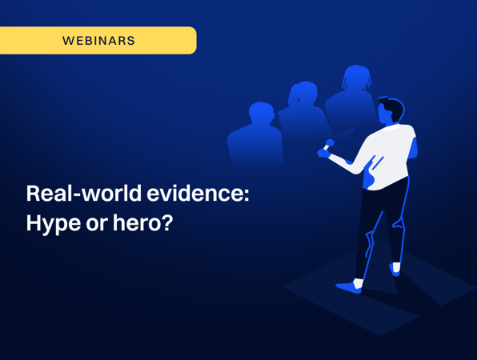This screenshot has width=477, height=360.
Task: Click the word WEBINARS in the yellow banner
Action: (98, 41)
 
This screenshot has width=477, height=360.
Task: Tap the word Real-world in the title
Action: (84, 194)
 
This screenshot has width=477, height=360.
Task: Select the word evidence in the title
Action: (195, 194)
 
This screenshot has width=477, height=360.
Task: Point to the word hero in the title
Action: (136, 223)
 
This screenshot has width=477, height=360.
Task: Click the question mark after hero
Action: (167, 223)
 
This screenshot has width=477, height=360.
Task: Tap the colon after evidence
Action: (247, 195)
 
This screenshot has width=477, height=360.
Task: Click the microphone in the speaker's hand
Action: (328, 145)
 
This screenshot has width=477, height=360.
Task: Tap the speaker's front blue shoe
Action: (349, 287)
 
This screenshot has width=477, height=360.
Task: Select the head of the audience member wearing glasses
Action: (261, 113)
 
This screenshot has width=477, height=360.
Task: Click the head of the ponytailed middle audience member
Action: (303, 93)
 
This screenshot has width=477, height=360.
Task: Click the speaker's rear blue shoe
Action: (395, 270)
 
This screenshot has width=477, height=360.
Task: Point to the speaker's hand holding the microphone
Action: (323, 153)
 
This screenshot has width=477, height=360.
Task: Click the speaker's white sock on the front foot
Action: (358, 283)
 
